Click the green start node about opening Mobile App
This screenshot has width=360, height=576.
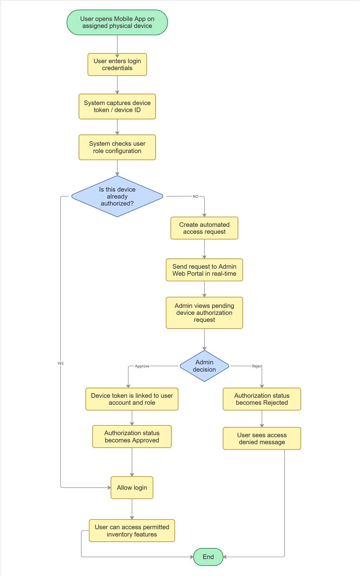[x=117, y=22]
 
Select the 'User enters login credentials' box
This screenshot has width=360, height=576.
[x=117, y=65]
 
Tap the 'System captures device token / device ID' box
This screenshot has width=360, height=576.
[x=117, y=107]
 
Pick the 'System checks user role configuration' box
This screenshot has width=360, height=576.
[x=117, y=147]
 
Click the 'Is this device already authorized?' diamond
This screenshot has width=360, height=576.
[x=117, y=196]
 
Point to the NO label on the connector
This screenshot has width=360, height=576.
[x=196, y=196]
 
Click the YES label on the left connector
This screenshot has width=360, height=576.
[x=60, y=363]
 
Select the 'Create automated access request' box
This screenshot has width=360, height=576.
[x=204, y=228]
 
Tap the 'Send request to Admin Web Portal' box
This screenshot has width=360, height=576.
[x=204, y=270]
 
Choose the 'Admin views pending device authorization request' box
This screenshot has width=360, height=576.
[x=204, y=313]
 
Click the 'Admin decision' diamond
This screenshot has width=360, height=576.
[x=204, y=366]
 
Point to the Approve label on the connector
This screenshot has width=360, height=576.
[x=142, y=366]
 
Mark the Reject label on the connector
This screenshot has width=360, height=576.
[x=257, y=366]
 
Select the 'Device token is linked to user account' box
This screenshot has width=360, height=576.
[x=132, y=399]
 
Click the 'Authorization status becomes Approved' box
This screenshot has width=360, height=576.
[x=132, y=437]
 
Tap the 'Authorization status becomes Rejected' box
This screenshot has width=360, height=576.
[x=262, y=399]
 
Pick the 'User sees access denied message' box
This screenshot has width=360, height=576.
[x=262, y=438]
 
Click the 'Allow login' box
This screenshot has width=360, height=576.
[x=132, y=488]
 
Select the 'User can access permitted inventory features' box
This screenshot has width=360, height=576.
[x=132, y=531]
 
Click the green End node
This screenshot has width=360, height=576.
[x=208, y=557]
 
